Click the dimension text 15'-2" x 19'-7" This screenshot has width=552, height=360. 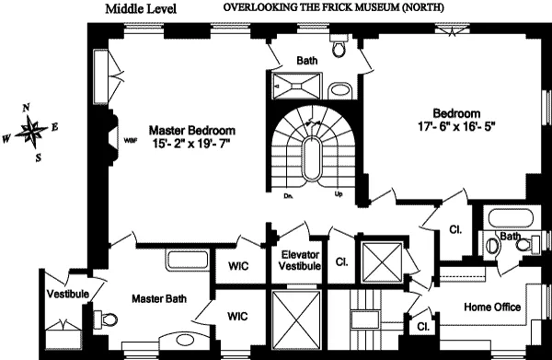[190, 145]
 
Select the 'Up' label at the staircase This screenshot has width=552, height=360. [339, 195]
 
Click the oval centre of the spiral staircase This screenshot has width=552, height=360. [313, 157]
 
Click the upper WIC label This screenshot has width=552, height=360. [239, 267]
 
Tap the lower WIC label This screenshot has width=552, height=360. [239, 314]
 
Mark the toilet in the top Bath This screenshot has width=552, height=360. [339, 46]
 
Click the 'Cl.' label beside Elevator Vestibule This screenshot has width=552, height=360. [340, 261]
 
